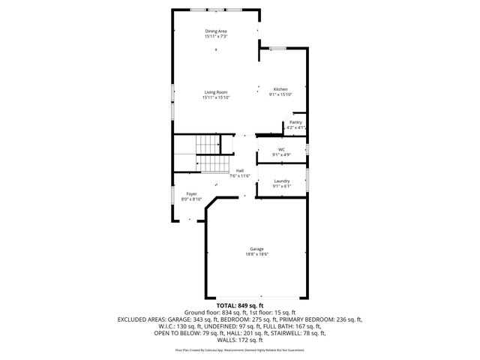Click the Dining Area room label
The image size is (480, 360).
point(215,31)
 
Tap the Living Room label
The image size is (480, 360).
point(215,92)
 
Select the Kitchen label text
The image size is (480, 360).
point(280,89)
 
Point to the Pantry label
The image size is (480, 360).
point(295,122)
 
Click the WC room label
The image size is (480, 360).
point(281,149)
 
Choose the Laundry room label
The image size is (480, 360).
point(281,181)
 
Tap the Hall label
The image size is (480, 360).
point(240,170)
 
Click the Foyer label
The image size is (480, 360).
point(192,193)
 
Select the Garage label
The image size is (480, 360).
point(256,249)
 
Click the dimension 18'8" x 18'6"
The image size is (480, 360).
point(256,254)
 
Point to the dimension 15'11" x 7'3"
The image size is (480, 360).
point(215,36)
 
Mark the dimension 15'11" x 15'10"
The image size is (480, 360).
point(215,97)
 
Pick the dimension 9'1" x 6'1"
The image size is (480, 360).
point(281,186)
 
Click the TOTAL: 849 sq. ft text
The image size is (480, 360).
point(240,306)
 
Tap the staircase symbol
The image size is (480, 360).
point(212,155)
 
